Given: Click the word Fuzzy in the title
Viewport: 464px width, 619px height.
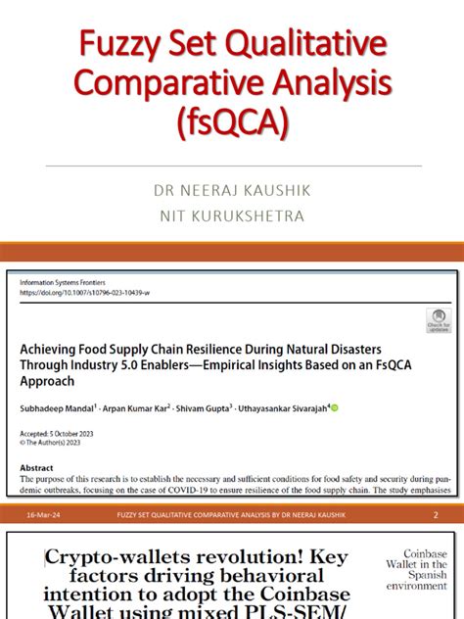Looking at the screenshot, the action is [116, 44].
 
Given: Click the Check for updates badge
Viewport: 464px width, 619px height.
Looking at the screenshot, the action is [438, 321].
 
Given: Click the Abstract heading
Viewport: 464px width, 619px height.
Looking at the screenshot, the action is [38, 467].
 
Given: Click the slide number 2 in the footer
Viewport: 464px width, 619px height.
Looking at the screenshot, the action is [436, 515].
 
